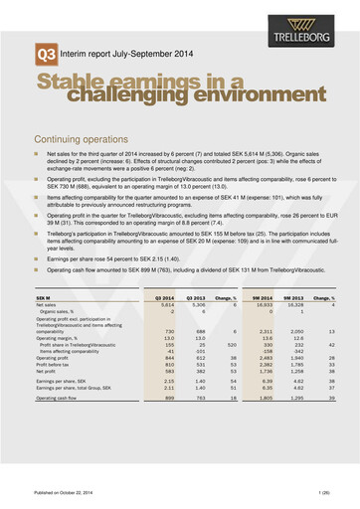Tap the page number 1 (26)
(318, 492)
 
